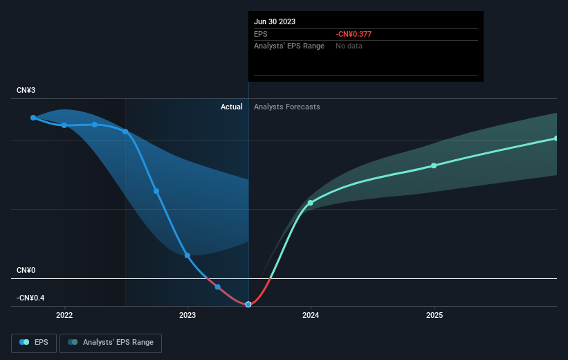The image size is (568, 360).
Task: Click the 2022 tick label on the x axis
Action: point(64,315)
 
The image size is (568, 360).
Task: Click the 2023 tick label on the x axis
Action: point(187,315)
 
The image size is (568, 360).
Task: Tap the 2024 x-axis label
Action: point(311,315)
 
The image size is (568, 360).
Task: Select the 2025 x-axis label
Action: point(434,315)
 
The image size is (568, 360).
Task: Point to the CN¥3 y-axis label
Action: point(26,90)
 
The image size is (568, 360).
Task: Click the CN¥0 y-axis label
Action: point(26,270)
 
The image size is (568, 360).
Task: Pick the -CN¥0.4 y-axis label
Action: point(30,298)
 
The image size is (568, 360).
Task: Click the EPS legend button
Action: point(34,343)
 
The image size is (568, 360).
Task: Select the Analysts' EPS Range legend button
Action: point(111,343)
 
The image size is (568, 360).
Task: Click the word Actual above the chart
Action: point(232,107)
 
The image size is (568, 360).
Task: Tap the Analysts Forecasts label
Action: point(287,107)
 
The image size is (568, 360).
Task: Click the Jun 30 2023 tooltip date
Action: point(275,21)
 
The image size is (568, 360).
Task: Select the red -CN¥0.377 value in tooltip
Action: point(354,34)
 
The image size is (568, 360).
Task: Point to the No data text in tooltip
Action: point(349,46)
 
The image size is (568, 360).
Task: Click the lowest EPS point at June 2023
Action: point(248,305)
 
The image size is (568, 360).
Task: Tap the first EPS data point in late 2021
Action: point(33,118)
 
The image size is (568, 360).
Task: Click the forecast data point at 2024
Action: point(311,203)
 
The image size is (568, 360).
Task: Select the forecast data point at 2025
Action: point(434,165)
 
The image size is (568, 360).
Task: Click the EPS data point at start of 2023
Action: point(187,255)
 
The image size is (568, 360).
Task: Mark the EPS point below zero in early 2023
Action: point(218,287)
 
